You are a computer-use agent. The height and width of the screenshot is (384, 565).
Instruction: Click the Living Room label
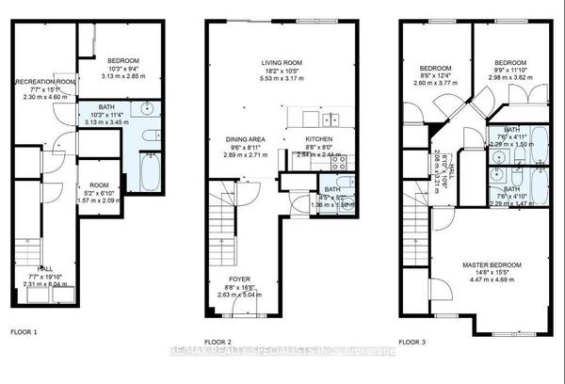[280, 63]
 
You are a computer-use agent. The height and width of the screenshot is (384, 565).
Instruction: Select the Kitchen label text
[319, 139]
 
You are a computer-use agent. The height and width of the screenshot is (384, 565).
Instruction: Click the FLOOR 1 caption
[24, 332]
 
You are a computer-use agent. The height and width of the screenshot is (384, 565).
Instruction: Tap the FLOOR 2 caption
[220, 342]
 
